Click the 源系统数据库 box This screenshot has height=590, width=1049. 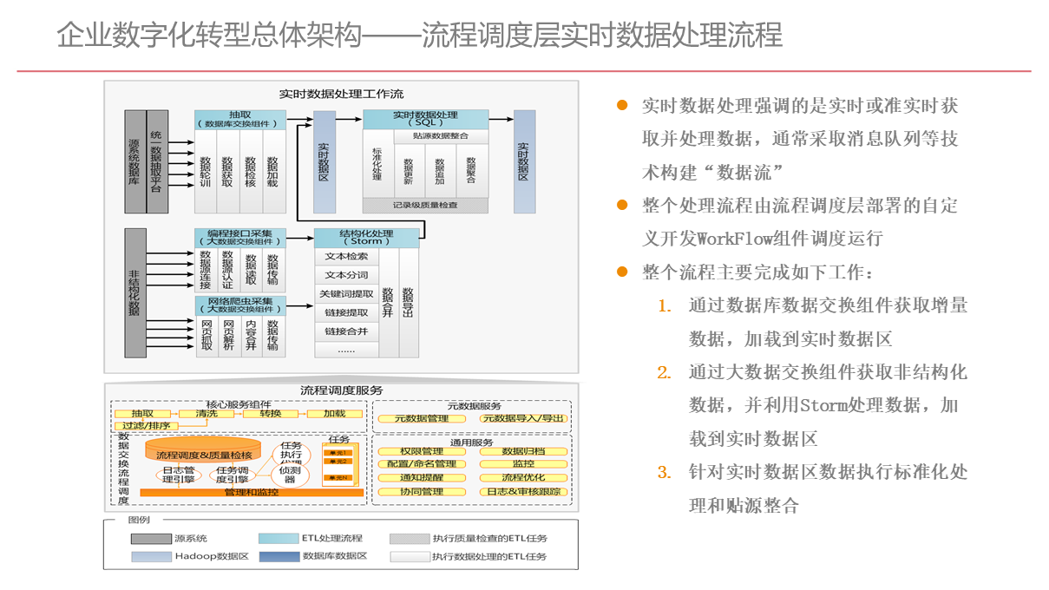(134, 161)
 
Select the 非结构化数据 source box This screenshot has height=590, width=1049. (134, 292)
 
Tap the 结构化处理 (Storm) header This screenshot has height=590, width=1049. (366, 238)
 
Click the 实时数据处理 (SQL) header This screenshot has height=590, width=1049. (425, 120)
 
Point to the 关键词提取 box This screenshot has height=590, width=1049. (346, 294)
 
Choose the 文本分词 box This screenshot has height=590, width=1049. (346, 275)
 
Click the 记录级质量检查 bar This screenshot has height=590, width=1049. (425, 206)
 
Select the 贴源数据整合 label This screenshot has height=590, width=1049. (441, 136)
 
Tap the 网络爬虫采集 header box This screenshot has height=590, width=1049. (239, 305)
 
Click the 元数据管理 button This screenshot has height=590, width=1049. (422, 418)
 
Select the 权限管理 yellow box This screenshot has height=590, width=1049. (422, 451)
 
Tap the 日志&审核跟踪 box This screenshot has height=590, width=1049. (523, 492)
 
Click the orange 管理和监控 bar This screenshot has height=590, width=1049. (252, 492)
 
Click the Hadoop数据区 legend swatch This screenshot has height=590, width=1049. (151, 556)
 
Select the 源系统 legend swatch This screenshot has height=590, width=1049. (151, 539)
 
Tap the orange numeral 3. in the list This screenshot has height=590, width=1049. (664, 473)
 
